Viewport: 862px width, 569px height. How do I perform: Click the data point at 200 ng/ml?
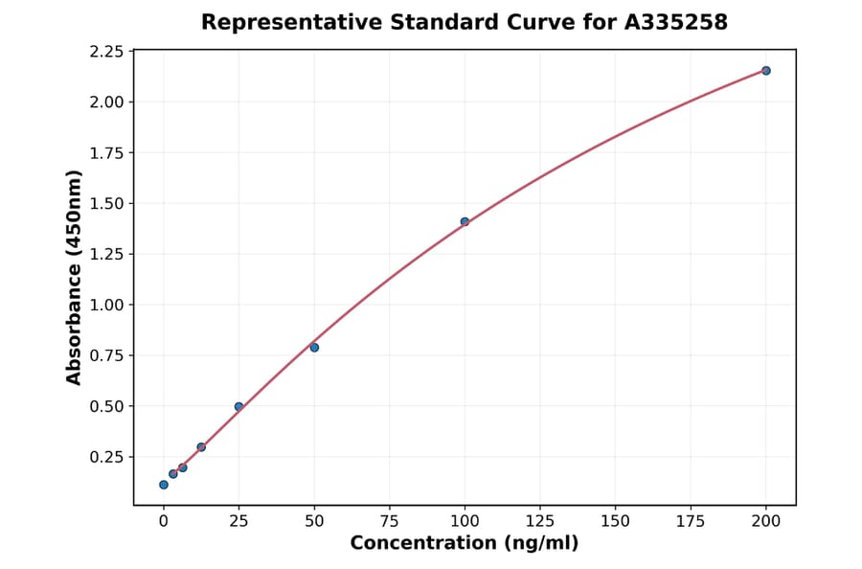click(766, 71)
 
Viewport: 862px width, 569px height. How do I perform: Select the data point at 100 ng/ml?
click(465, 222)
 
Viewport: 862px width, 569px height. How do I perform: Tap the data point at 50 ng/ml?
click(314, 348)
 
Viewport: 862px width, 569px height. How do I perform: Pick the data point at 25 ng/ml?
click(238, 407)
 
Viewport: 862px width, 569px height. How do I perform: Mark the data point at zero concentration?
click(164, 485)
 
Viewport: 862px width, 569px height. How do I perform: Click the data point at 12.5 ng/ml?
click(201, 447)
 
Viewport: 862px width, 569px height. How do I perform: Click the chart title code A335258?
click(677, 22)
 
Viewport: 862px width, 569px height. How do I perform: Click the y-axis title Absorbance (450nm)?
click(74, 278)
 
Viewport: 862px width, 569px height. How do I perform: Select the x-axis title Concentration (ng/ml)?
click(465, 543)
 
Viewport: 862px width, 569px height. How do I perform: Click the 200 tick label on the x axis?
click(766, 521)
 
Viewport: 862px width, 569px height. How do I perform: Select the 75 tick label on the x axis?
click(390, 521)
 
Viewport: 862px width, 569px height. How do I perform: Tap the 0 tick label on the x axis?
click(164, 521)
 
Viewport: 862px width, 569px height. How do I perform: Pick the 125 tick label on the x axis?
click(540, 521)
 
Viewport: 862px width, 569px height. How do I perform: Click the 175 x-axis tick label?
click(691, 521)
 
